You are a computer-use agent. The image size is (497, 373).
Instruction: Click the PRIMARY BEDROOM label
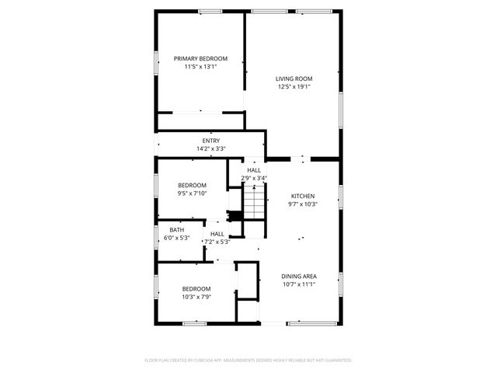[200, 59]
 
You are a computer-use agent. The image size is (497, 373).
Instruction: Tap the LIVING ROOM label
[294, 78]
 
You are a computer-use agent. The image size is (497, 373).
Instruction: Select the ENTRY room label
[211, 141]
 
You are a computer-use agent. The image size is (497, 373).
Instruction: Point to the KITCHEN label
[304, 196]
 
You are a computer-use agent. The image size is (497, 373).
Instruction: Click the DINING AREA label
[298, 276]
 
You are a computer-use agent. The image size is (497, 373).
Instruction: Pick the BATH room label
[177, 230]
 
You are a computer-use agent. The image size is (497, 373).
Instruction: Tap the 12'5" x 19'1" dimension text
[294, 87]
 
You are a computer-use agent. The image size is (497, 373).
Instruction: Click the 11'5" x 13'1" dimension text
[200, 68]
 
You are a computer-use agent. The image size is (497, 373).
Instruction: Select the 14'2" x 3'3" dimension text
[211, 148]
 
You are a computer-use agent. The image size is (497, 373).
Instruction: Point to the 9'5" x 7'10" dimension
[192, 193]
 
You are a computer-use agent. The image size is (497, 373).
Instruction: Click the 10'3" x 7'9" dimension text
[196, 297]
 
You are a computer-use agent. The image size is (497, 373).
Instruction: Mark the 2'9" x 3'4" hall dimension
[254, 179]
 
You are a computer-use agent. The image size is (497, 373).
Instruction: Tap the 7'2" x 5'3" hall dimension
[217, 242]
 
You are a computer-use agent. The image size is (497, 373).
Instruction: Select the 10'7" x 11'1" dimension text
[298, 284]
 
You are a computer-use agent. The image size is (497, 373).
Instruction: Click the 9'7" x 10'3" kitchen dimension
[304, 204]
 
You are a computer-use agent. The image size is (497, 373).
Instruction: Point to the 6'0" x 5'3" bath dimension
[177, 238]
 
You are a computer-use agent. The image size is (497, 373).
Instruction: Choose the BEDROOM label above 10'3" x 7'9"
[196, 288]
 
